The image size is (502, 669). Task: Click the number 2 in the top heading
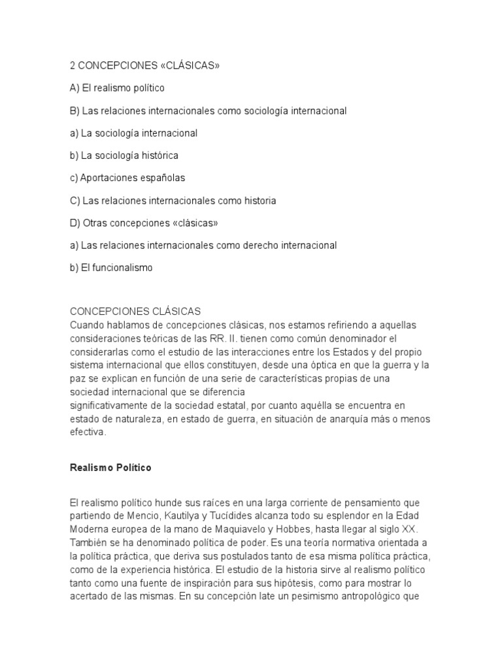point(73,65)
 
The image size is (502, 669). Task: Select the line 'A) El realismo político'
point(117,88)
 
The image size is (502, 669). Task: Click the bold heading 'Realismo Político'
point(110,468)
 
